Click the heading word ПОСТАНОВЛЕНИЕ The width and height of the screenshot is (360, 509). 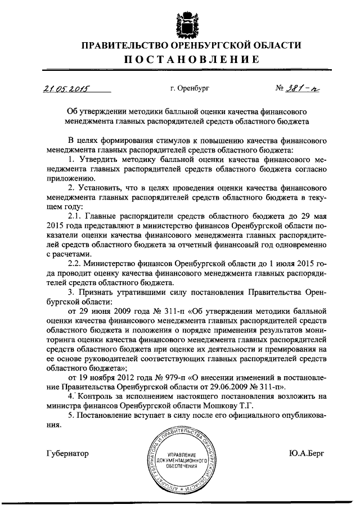[x=180, y=60]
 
